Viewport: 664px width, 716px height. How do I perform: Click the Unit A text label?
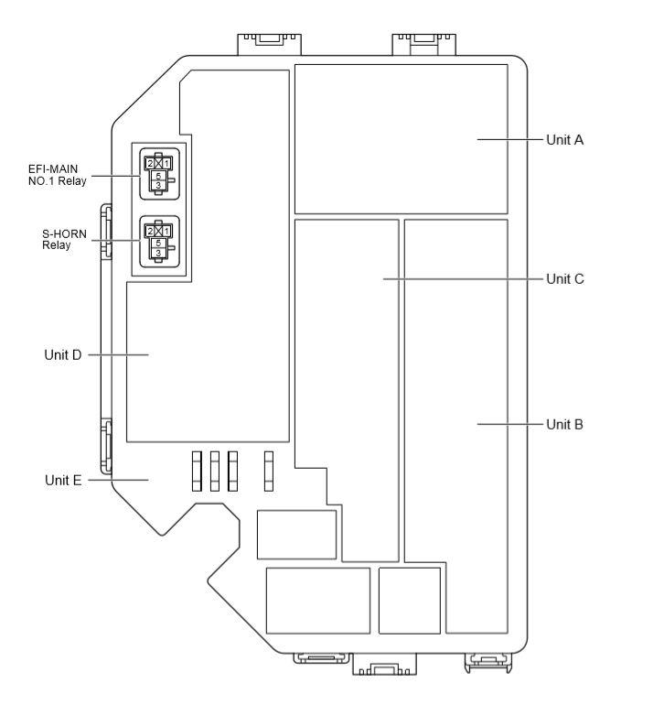tap(564, 140)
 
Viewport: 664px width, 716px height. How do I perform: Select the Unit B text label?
tap(564, 425)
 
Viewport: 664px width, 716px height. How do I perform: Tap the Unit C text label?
tap(564, 278)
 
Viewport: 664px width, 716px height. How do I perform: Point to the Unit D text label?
tap(63, 353)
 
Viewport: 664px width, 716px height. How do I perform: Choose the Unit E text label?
tap(63, 480)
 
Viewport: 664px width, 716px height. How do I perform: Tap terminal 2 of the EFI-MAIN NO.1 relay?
tap(149, 164)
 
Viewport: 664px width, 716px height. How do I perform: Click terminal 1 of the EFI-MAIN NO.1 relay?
tap(167, 164)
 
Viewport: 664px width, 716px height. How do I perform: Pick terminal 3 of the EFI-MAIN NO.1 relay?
tap(158, 186)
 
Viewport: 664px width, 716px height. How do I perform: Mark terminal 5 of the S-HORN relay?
tap(158, 244)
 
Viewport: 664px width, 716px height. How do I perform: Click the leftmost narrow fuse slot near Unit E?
tap(197, 472)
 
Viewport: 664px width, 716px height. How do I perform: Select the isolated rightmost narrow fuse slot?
tap(269, 472)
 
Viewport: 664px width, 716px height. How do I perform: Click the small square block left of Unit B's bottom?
tap(409, 600)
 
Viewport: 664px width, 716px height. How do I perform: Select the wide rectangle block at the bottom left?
tap(317, 600)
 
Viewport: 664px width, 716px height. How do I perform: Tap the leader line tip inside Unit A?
tap(478, 140)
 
